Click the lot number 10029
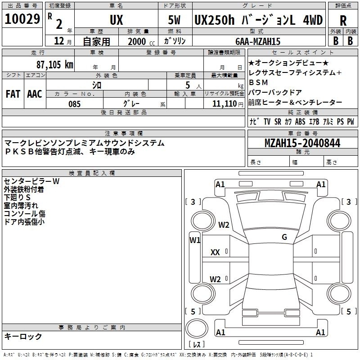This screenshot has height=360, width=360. click(22, 18)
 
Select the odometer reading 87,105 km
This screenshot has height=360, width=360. click(55, 64)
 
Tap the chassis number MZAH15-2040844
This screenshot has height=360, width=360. click(302, 143)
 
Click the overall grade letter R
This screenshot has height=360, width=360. click(343, 21)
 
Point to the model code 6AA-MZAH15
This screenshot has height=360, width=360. click(258, 41)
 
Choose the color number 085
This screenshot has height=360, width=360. click(75, 104)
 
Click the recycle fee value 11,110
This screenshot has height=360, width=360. click(224, 104)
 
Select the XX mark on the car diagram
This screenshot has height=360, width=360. click(215, 252)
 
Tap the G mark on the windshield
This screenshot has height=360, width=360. click(284, 237)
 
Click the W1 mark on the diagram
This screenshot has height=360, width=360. click(195, 240)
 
